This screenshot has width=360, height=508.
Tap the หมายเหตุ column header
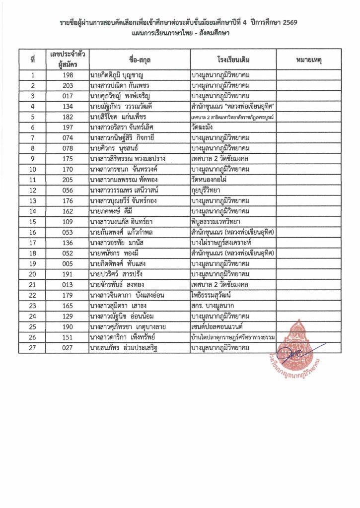tap(309, 60)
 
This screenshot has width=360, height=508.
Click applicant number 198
tap(68, 75)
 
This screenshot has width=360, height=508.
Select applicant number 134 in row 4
tap(68, 106)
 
